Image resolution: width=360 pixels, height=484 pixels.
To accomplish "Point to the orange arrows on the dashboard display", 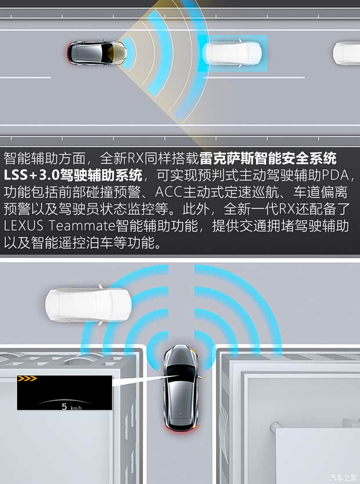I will point(27,379).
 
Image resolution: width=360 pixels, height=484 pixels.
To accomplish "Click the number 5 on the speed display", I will point(64,406).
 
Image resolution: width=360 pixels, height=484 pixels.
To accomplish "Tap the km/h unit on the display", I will point(76,407).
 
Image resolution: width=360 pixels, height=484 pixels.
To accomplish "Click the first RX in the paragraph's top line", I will point(135,157).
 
